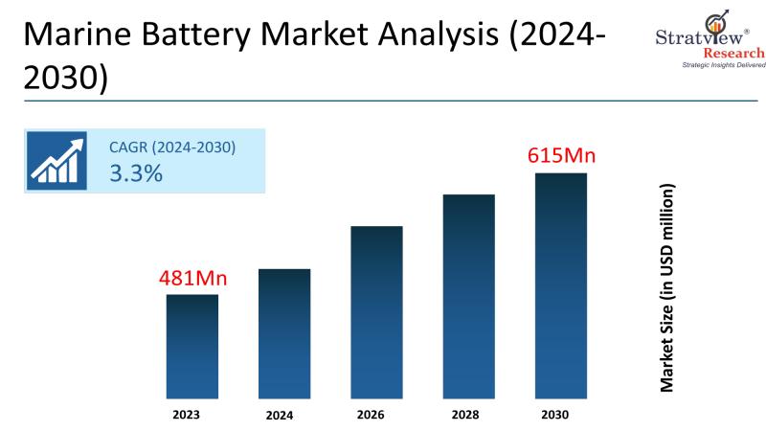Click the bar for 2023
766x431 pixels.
192,346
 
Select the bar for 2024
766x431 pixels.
284,333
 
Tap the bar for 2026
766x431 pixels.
376,312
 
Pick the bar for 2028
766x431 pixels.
468,296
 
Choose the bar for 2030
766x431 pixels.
560,285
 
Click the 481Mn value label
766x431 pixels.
192,279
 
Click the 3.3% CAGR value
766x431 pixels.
135,173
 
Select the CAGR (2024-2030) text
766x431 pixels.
172,147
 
